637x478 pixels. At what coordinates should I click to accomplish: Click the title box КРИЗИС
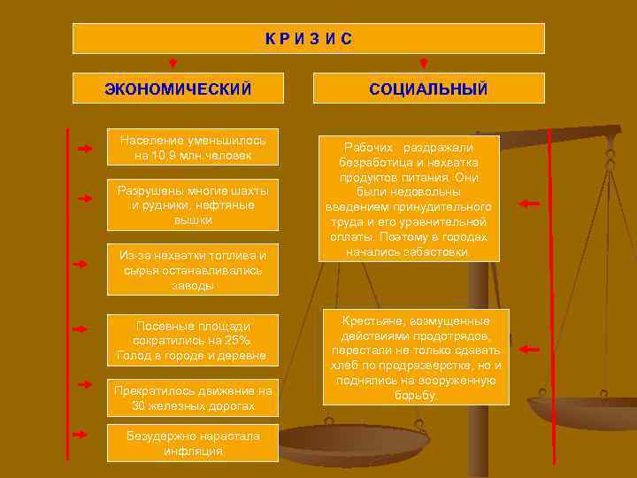(308, 38)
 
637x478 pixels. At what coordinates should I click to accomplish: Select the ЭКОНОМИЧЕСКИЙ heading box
(178, 89)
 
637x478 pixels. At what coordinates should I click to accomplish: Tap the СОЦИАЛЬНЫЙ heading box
(428, 89)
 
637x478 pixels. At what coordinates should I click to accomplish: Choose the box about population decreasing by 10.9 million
(193, 148)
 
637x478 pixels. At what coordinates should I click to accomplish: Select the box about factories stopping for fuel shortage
(193, 269)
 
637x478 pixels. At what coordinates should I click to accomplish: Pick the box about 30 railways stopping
(193, 398)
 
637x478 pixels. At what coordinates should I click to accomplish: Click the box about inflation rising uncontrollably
(193, 443)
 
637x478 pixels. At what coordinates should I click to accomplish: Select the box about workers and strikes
(410, 199)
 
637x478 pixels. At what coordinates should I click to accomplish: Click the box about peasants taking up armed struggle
(415, 358)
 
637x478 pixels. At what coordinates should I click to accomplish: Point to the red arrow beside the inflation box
(81, 435)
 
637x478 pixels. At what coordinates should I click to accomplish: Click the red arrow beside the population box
(85, 149)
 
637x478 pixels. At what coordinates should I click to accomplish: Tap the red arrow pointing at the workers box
(528, 204)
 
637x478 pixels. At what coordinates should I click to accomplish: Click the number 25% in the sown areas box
(240, 341)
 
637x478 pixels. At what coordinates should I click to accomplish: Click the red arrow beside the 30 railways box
(85, 384)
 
